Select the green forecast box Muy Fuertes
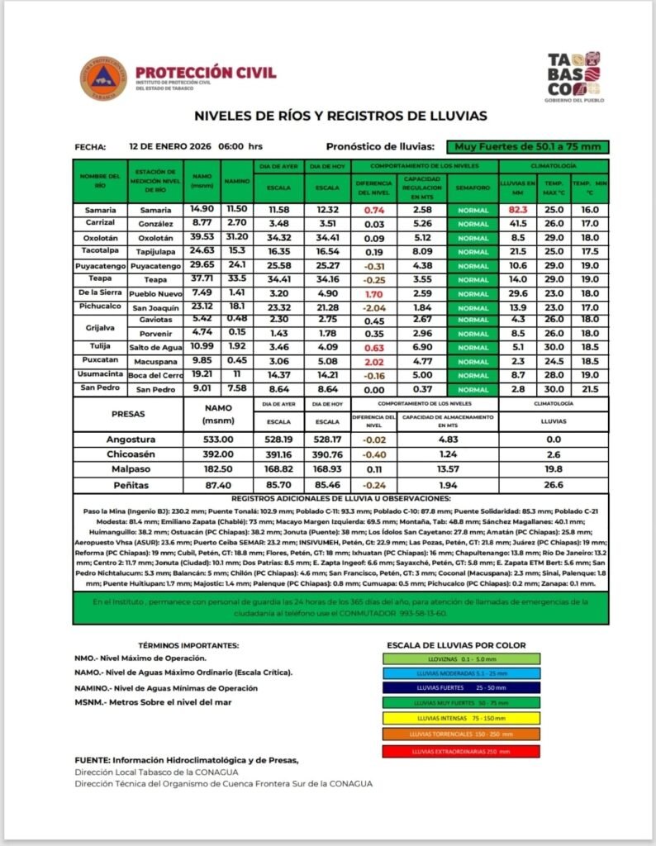[528, 147]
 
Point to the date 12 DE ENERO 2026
[170, 146]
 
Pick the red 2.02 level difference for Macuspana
[374, 361]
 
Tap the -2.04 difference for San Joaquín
[374, 307]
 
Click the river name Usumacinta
[100, 374]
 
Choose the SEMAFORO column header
[472, 188]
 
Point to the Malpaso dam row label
[131, 469]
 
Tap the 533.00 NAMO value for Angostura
[218, 440]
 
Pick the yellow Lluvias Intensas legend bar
[461, 718]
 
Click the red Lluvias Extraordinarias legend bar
[461, 751]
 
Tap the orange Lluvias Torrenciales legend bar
[461, 734]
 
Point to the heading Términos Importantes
[189, 644]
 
